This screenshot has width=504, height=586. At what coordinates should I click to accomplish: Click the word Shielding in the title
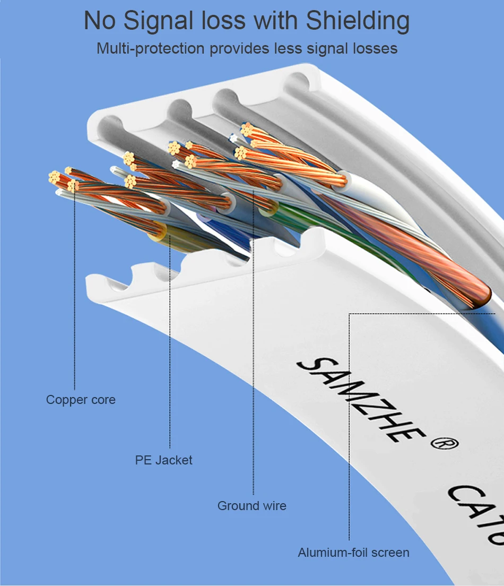(x=358, y=22)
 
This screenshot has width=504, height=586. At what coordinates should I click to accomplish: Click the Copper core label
(x=81, y=400)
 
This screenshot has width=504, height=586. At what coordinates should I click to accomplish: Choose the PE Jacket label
(x=163, y=460)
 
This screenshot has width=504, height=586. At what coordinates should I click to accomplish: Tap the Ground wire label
(x=251, y=506)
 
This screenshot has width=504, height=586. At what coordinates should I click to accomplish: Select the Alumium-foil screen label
(x=353, y=553)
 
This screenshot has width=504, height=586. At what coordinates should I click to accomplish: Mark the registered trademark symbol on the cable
(x=447, y=444)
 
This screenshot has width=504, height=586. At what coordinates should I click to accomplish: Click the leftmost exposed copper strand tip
(x=54, y=177)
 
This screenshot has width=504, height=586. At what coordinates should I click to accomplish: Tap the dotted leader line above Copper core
(x=75, y=292)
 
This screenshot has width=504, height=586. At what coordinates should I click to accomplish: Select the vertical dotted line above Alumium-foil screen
(x=349, y=425)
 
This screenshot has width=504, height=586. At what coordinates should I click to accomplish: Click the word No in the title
(x=99, y=22)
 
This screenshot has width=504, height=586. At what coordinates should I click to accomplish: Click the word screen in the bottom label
(x=390, y=553)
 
